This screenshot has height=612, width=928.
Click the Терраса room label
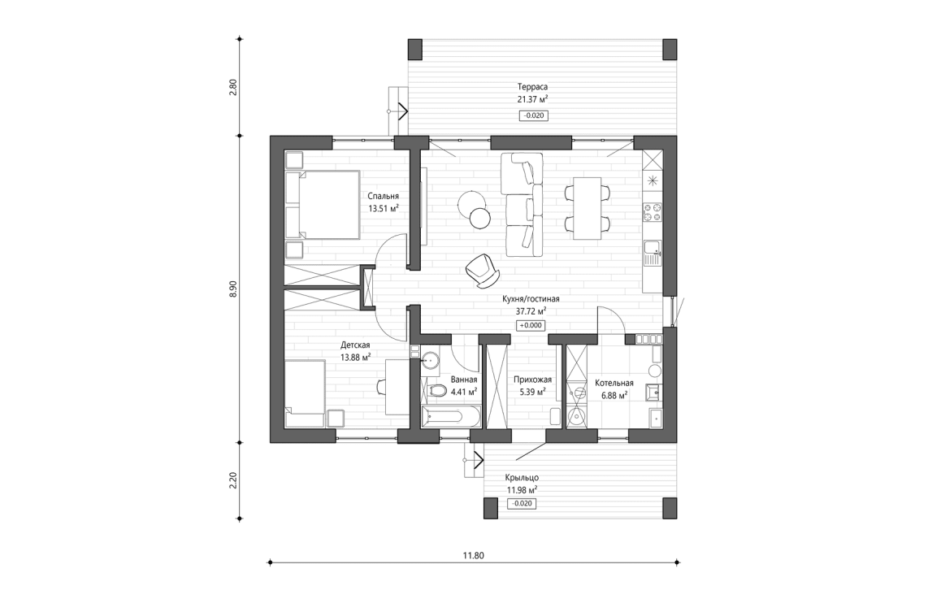coord(532,86)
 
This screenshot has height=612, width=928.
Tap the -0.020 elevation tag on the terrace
coord(533,115)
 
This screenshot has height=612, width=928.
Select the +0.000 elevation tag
coord(531,325)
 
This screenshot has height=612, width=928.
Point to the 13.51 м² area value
coord(383,208)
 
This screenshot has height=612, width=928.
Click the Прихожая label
coord(532,380)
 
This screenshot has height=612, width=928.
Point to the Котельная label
coord(614,383)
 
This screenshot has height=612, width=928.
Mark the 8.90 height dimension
coord(233,289)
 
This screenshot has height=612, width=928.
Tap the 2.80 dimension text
coord(233,86)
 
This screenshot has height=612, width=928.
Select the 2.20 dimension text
coord(233,480)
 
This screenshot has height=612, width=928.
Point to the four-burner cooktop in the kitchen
coord(653,212)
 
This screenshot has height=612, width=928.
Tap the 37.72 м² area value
coord(531,310)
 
